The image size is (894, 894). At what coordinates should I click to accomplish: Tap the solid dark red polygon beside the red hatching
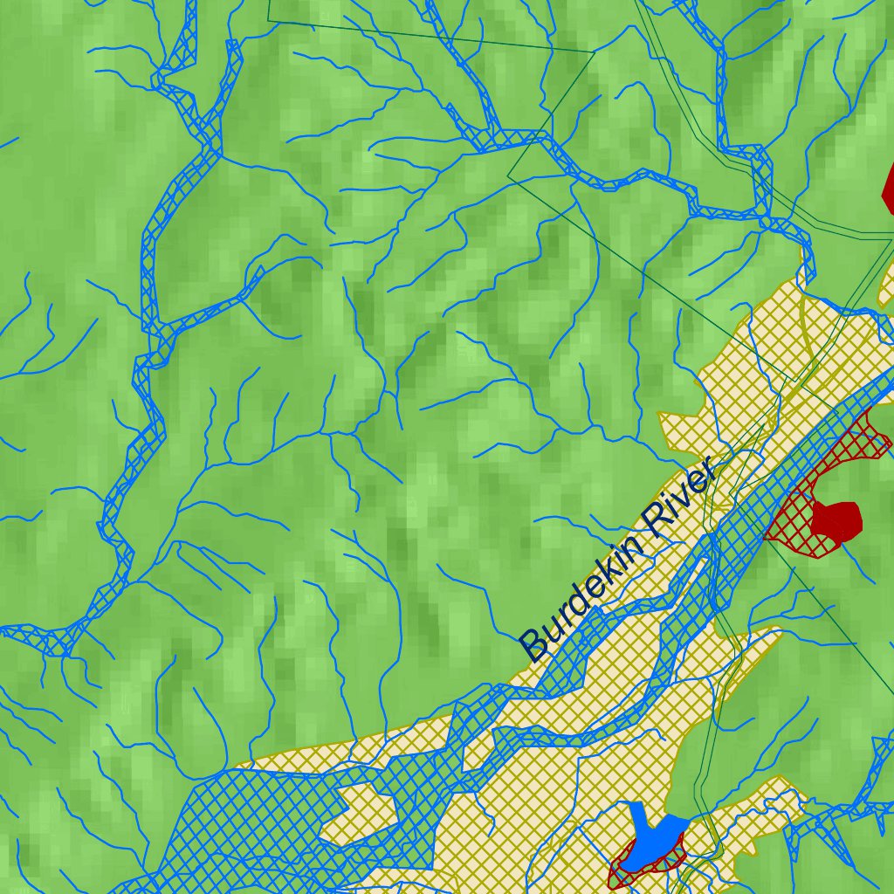click(836, 519)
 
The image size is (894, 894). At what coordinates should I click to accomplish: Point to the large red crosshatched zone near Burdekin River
click(816, 489)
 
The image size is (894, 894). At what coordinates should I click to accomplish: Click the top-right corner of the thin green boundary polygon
click(594, 52)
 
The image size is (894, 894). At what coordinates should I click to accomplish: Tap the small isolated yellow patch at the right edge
click(886, 284)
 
